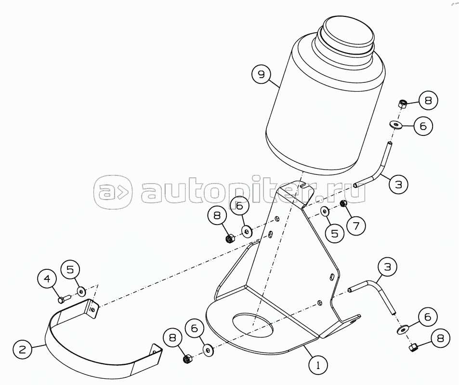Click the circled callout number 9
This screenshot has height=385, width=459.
[262, 74]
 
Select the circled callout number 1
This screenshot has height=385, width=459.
[318, 364]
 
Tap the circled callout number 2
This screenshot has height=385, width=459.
[23, 349]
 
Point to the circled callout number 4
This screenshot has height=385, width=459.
[47, 279]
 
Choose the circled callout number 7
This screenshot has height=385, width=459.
[356, 226]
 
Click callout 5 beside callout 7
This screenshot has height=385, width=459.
[335, 233]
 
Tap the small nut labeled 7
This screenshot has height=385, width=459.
[344, 203]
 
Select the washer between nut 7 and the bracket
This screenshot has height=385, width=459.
[324, 211]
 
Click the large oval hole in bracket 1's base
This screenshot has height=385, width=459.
[253, 324]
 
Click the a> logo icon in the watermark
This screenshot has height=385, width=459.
[113, 192]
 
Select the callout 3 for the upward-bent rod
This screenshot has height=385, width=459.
[398, 184]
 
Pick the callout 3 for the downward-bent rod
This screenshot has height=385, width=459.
[387, 267]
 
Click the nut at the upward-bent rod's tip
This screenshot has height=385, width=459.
[403, 104]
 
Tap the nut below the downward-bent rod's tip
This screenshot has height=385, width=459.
[413, 347]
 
